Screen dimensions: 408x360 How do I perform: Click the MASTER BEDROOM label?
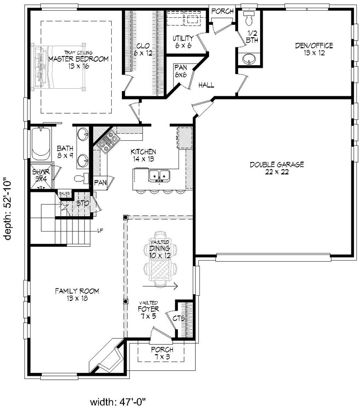(79, 59)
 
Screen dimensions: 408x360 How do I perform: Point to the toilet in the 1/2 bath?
(249, 20)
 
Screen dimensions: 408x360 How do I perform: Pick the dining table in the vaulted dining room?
(162, 266)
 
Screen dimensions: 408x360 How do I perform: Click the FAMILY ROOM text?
(77, 294)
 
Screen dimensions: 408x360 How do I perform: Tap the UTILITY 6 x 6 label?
(182, 41)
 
